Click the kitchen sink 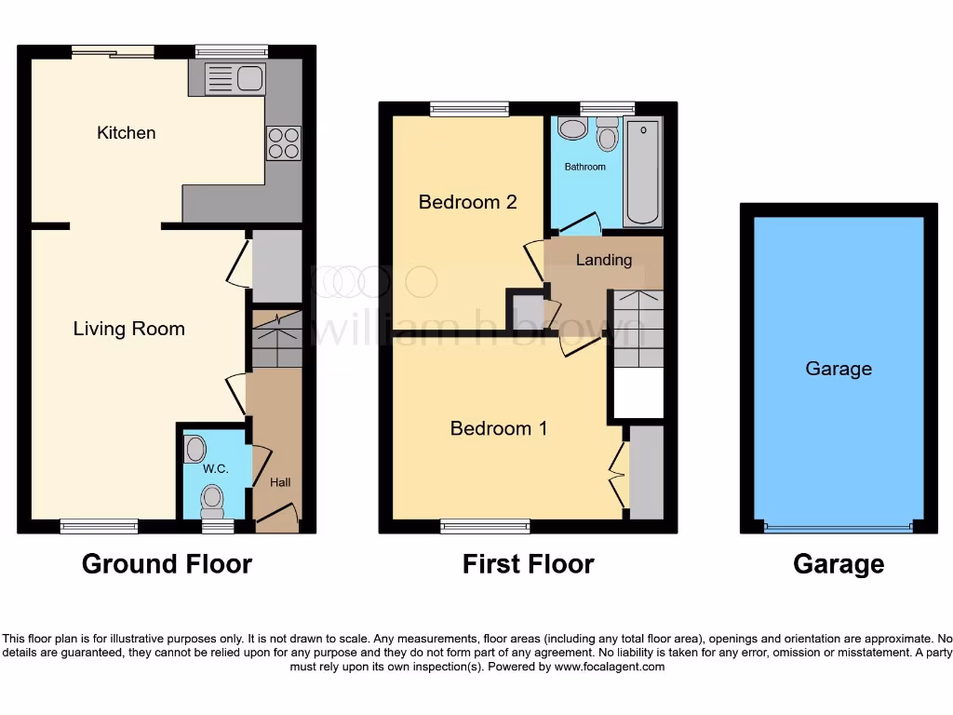click(x=235, y=79)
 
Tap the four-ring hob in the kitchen click(x=283, y=142)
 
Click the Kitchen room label click(x=126, y=133)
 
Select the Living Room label click(x=128, y=329)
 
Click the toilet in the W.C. click(x=213, y=500)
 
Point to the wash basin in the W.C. click(x=195, y=450)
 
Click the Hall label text click(x=280, y=482)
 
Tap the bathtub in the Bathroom click(x=643, y=171)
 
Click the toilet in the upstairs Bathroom click(x=607, y=136)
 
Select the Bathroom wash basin click(x=573, y=128)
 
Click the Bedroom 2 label click(x=467, y=202)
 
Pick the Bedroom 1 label click(x=499, y=428)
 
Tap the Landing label click(x=604, y=260)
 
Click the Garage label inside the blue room click(x=839, y=369)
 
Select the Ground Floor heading click(x=167, y=564)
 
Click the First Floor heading click(x=528, y=564)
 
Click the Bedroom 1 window click(x=485, y=527)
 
